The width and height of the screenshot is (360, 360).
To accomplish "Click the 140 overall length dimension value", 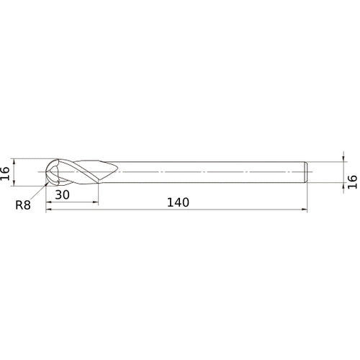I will pos(177,202).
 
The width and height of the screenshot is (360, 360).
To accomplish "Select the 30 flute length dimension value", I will pos(62,195).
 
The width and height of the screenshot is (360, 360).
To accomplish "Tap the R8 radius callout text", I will pos(24,205).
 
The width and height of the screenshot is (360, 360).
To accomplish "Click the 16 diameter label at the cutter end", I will pos(5,172).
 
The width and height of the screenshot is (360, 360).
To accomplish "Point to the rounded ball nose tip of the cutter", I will pos(48,172).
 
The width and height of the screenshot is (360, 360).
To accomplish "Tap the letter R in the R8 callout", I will pos(19,205).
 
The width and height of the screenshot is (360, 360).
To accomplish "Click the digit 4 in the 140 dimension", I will pos(177,202).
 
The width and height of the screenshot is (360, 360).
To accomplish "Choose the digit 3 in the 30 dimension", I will pos(58,195).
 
